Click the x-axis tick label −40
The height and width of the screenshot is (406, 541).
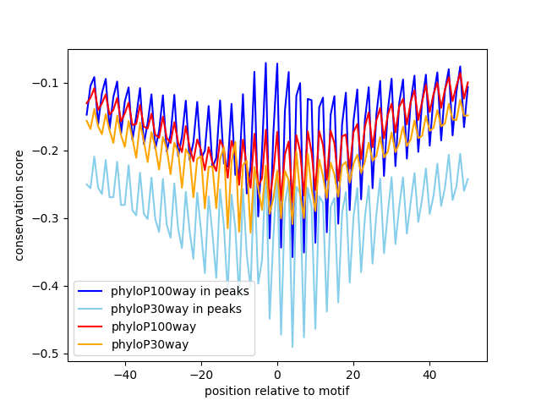[x=124, y=374]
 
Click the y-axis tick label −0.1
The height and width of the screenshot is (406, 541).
[x=47, y=83]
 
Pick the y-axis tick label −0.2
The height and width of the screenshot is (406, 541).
[x=47, y=151]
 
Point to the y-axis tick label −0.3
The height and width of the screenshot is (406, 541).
[x=47, y=218]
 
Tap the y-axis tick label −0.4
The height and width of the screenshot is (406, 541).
[x=47, y=286]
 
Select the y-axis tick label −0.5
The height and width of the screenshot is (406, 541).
[x=47, y=354]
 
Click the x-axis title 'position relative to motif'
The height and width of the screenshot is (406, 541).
[x=276, y=391]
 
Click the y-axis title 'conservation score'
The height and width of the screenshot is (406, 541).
[x=19, y=206]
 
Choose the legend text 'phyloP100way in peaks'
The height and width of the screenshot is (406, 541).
[x=180, y=291]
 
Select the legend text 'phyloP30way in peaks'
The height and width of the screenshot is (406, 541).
[x=177, y=309]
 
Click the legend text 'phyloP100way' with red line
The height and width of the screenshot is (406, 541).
[x=154, y=326]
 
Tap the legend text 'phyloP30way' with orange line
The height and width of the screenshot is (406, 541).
[x=150, y=344]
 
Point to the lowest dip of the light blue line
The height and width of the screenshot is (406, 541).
[x=292, y=347]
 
